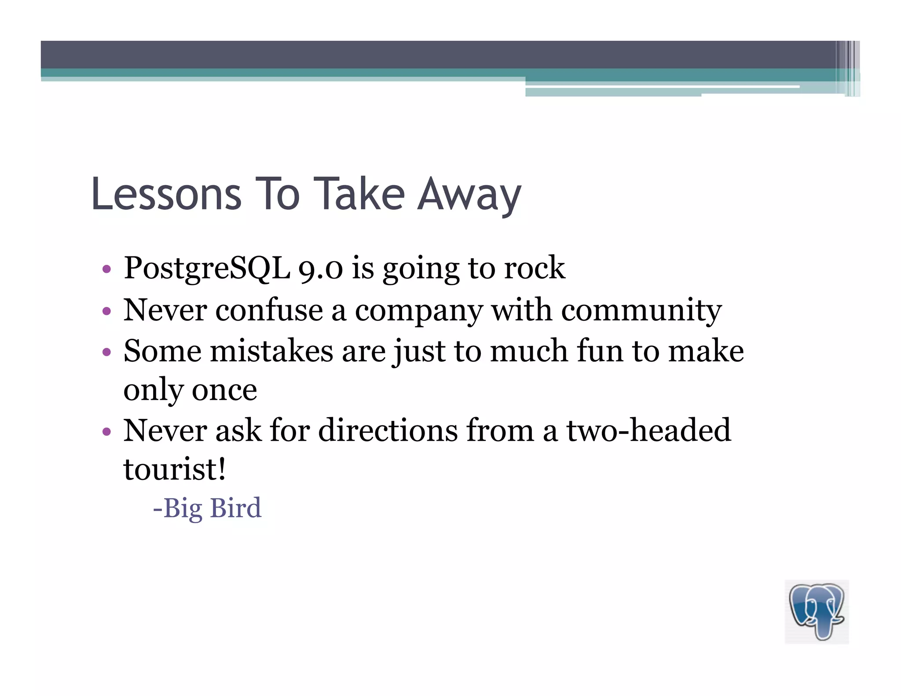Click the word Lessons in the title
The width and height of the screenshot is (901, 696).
click(166, 194)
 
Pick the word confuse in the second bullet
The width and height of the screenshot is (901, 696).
click(269, 310)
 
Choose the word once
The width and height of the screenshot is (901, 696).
click(224, 390)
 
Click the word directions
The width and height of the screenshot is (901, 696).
click(388, 430)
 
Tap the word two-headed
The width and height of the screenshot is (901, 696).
click(648, 430)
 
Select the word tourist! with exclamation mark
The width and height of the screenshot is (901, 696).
click(175, 469)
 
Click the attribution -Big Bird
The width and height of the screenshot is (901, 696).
click(207, 508)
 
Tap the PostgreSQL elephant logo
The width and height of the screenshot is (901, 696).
click(817, 612)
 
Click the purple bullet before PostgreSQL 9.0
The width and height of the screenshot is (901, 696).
click(106, 269)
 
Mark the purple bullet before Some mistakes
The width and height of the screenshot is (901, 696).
click(106, 352)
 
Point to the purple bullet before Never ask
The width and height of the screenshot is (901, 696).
click(106, 431)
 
